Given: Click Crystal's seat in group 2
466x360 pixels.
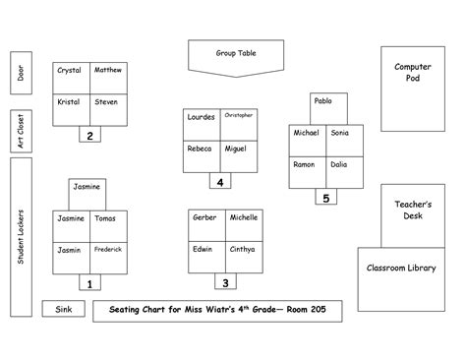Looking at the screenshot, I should click(x=71, y=78).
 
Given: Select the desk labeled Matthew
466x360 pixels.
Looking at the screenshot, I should click(x=108, y=78).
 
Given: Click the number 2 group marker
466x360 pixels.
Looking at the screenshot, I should click(x=90, y=136).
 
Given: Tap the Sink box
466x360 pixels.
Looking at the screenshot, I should click(x=63, y=310).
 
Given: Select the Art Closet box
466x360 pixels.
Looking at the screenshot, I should click(x=21, y=130).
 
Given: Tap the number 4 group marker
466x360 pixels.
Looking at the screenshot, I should click(x=221, y=181).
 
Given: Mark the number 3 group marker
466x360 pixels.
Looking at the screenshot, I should click(x=225, y=283).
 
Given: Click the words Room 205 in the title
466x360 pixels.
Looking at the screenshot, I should click(x=308, y=311).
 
